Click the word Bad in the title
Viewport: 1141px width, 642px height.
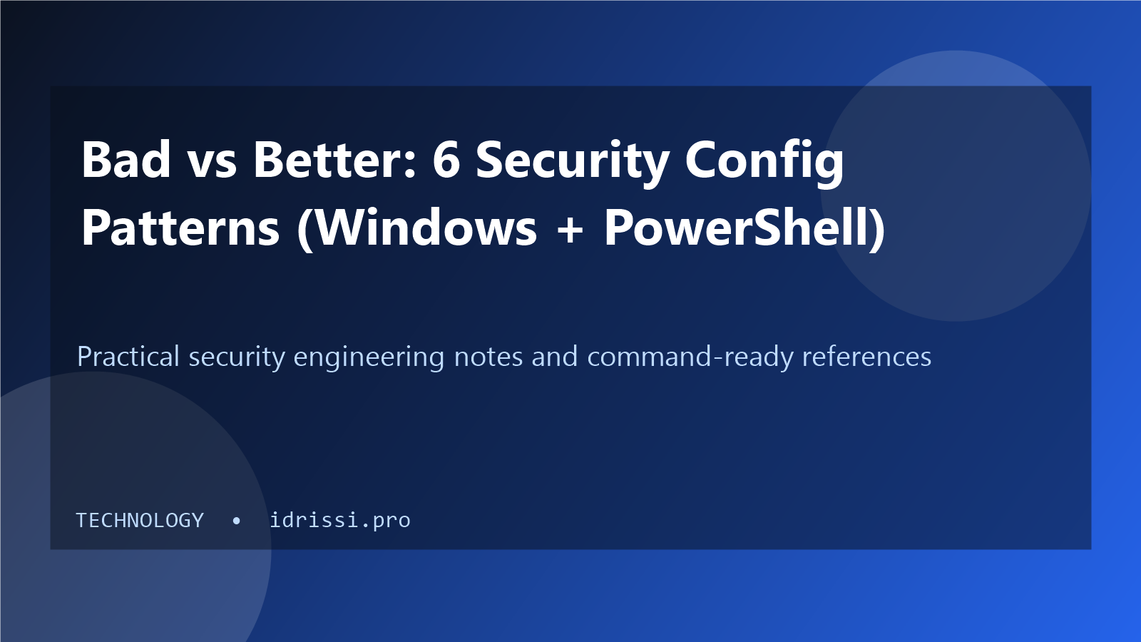pos(126,160)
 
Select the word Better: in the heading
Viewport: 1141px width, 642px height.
pos(334,160)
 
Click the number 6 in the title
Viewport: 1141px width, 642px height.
pos(446,160)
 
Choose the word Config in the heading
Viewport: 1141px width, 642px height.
pos(764,163)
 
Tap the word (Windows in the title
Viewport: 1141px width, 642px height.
pos(416,228)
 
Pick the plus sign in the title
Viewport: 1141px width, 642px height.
pos(570,229)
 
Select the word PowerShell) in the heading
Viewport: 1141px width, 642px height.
pos(745,228)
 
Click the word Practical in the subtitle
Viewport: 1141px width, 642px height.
pos(128,356)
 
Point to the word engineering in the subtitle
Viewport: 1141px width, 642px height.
pos(369,358)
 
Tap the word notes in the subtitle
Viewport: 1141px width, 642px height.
pos(488,357)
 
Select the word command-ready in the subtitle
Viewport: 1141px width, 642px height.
pos(690,358)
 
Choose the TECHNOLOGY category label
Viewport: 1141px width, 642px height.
pos(140,520)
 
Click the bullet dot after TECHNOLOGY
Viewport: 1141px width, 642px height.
pos(236,521)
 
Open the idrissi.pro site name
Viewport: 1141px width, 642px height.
pos(340,520)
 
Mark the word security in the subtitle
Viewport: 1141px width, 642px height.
pos(237,358)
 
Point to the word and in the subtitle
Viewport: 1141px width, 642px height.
pos(555,356)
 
